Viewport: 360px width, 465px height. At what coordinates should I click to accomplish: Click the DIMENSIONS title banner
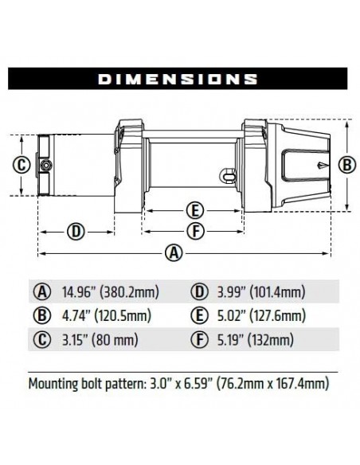coord(180,78)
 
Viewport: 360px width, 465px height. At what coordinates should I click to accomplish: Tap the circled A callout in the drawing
coord(170,253)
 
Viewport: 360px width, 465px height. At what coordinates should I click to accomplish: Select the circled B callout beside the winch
coord(346,165)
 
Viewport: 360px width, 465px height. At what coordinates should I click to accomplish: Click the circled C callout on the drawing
coord(22,166)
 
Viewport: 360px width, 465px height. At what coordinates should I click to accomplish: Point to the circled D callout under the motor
coord(75,232)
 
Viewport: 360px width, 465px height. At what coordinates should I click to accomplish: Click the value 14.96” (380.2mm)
coord(107,291)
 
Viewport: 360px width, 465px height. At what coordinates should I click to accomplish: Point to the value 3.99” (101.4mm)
coord(260,291)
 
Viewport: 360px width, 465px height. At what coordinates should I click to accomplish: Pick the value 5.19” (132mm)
coord(254,342)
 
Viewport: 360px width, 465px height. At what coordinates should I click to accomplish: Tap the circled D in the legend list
coord(198,291)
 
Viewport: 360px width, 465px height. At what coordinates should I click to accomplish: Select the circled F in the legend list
coord(198,342)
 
